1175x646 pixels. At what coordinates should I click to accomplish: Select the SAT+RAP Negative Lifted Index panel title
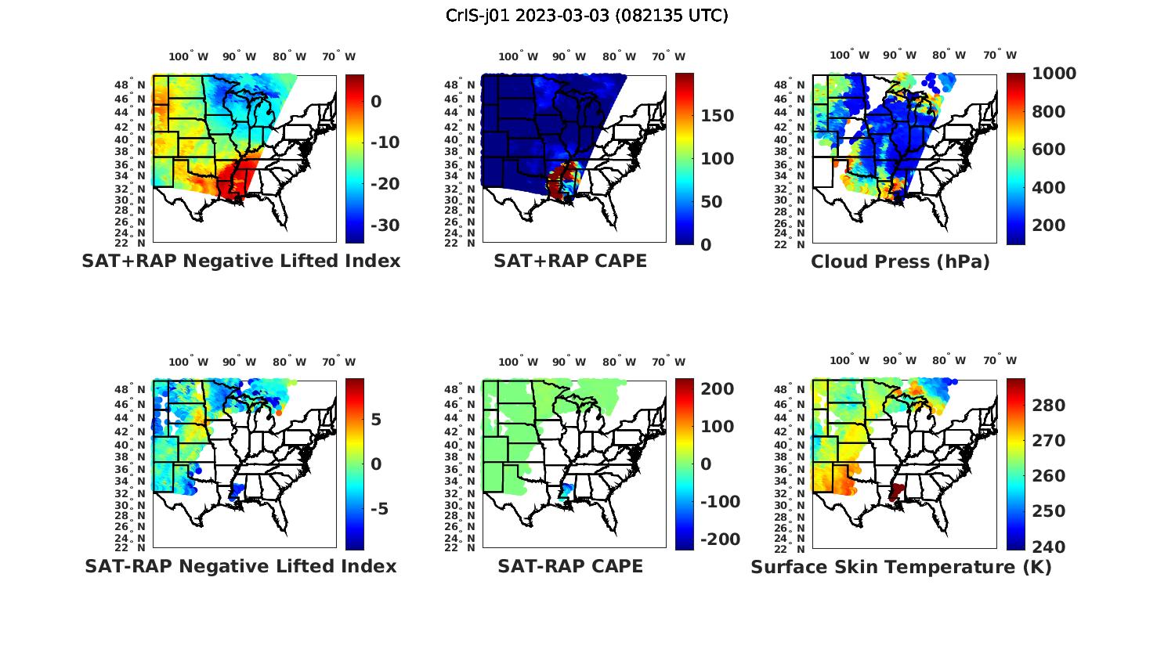pos(240,261)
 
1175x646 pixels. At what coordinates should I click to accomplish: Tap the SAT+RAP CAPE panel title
pos(570,261)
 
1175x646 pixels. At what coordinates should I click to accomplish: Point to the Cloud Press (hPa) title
pos(900,262)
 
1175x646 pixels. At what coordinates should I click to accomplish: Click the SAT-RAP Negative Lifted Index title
pos(240,566)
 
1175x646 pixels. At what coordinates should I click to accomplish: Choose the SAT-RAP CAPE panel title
pos(570,566)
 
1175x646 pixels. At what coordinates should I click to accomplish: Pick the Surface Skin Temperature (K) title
pos(901,567)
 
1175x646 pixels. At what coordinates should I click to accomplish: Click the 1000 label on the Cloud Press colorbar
pos(1054,74)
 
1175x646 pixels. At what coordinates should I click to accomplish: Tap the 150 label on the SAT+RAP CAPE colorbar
pos(717,116)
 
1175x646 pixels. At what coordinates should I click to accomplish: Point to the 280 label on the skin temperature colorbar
pos(1048,406)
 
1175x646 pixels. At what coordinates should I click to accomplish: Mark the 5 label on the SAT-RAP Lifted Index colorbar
pos(376,420)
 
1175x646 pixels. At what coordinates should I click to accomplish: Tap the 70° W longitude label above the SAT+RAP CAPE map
pos(668,56)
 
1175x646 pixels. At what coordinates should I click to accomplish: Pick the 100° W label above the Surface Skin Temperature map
pos(849,361)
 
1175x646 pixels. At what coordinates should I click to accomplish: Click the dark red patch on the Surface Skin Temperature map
pos(896,492)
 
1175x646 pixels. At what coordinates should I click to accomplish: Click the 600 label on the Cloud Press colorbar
pos(1048,150)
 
